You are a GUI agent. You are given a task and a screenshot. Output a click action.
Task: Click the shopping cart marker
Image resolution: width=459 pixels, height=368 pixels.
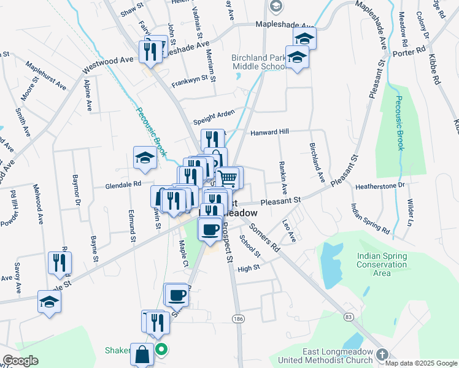pyautogui.click(x=228, y=178)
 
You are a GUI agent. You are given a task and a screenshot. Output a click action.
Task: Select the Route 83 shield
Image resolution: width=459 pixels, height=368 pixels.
pyautogui.click(x=349, y=316)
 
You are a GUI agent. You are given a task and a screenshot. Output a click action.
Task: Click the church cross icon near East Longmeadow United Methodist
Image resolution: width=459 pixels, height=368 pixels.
pyautogui.click(x=382, y=355)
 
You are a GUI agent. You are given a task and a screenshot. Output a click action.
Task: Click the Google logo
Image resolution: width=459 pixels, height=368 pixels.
pyautogui.click(x=20, y=361)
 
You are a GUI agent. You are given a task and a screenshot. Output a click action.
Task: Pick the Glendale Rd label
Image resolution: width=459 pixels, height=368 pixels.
pyautogui.click(x=123, y=183)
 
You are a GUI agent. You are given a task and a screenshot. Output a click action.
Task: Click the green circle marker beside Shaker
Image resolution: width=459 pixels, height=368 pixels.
pyautogui.click(x=161, y=351)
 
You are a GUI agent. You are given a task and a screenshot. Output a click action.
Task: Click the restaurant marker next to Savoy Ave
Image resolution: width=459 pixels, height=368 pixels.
pyautogui.click(x=60, y=263)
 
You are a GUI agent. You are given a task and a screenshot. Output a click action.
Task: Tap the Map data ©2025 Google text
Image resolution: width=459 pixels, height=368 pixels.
pyautogui.click(x=421, y=363)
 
